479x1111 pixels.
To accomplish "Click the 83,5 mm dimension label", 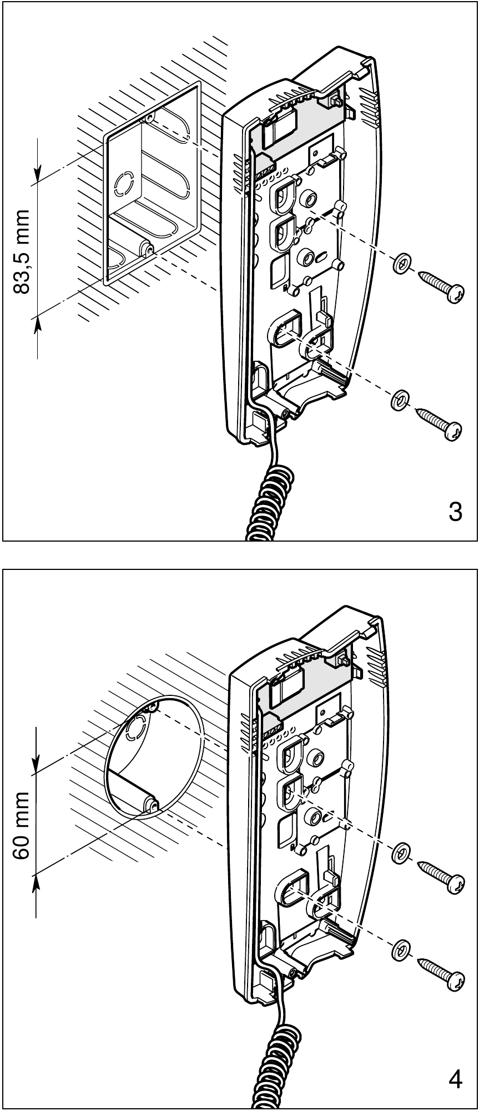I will (x=22, y=252).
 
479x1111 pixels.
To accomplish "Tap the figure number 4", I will (x=455, y=1080).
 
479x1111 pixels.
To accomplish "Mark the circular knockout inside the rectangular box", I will (x=123, y=183).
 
